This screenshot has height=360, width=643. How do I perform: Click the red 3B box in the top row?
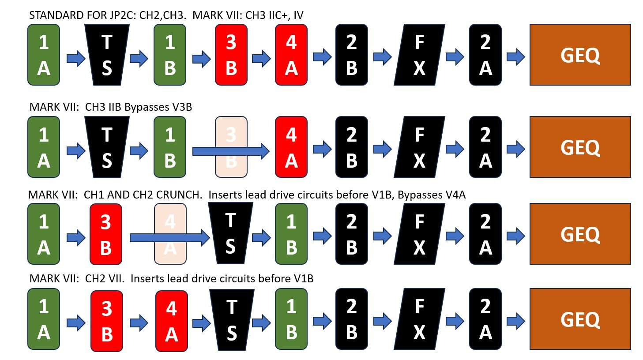[231, 55]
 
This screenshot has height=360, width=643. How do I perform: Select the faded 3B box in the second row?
[231, 147]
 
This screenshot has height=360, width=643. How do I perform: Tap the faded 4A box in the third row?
[170, 234]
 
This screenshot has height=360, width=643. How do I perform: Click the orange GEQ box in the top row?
[580, 55]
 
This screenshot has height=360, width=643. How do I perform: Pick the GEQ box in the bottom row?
[580, 319]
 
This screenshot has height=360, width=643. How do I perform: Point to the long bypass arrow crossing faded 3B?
[231, 151]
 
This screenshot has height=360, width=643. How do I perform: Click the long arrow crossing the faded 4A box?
[169, 238]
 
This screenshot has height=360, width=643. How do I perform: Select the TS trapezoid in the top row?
[107, 55]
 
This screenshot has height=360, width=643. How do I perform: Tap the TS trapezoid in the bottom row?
[232, 320]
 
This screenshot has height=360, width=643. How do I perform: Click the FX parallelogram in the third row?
[419, 234]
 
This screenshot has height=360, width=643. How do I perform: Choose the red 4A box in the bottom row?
[172, 321]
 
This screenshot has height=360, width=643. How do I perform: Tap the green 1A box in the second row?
[44, 147]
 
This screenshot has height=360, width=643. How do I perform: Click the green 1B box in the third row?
[291, 234]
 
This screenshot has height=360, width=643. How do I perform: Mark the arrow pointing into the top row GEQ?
[516, 56]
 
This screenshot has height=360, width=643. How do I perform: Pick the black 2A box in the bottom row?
[485, 319]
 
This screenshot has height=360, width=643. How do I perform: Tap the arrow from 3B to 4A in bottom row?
[139, 323]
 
